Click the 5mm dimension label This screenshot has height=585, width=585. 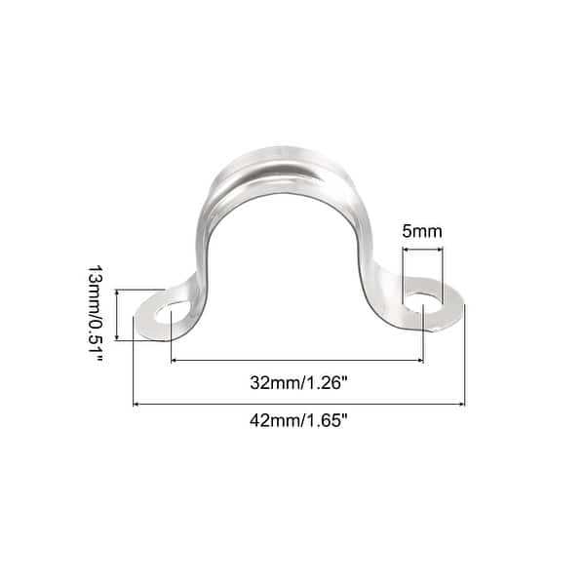(421, 232)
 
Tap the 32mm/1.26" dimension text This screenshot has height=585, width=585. (298, 381)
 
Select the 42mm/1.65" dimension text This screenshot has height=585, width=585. (298, 422)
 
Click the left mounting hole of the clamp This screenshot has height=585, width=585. (166, 315)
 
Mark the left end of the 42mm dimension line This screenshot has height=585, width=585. (134, 404)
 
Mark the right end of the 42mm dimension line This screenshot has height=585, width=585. (464, 404)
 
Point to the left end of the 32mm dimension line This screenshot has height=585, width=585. (172, 361)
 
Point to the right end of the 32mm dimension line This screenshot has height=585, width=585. (423, 361)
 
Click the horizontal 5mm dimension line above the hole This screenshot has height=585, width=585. (422, 251)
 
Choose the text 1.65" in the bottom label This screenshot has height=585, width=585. (330, 422)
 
